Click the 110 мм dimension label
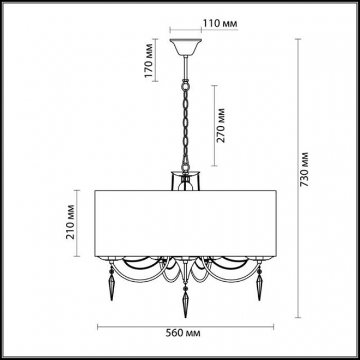coord(220,24)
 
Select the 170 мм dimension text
coord(149,61)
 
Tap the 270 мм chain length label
coord(221,125)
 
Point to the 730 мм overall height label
coord(304,169)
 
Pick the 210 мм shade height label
coord(70,222)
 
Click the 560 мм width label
coord(183,333)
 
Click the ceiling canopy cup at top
coord(186,47)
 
